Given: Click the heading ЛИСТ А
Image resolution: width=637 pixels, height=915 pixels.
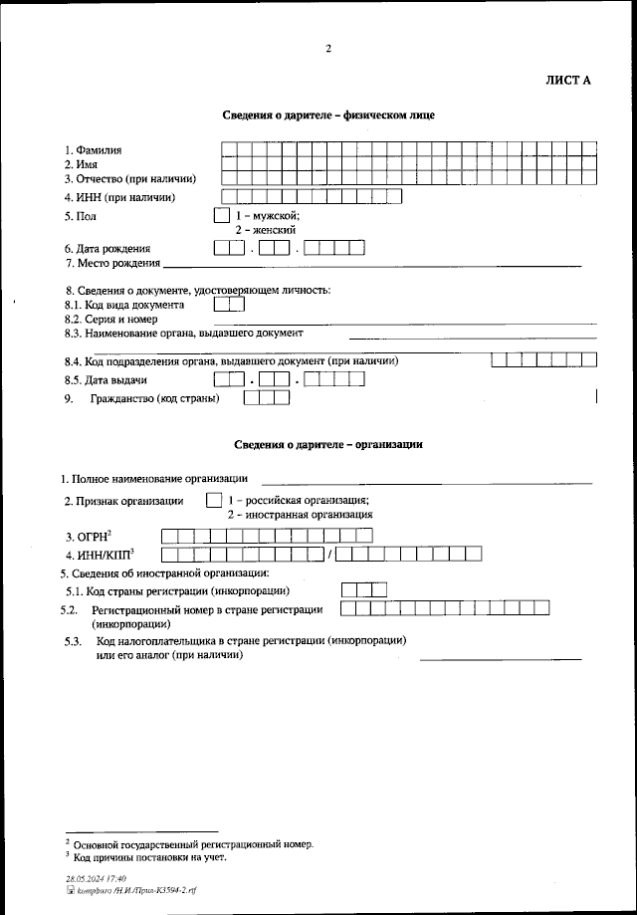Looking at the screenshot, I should [568, 81].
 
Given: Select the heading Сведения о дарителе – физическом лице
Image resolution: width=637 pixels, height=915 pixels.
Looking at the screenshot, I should [327, 115].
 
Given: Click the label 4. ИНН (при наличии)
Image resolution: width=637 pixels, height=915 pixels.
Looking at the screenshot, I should [119, 197].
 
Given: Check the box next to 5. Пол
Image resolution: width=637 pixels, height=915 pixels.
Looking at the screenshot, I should [221, 215].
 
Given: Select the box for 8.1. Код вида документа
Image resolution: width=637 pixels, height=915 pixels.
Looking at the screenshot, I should [229, 305].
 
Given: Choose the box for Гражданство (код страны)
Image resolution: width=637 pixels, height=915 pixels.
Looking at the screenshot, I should [267, 398].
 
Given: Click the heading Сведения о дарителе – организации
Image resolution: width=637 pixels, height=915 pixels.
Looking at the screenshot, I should [328, 445].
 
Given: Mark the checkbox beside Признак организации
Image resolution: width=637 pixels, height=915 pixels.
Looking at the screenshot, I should [213, 501].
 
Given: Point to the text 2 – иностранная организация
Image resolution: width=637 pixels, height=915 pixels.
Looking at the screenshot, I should [300, 516].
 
